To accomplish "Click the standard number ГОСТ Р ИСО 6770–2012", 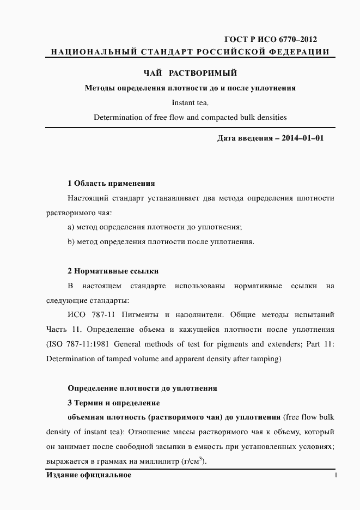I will (271, 39).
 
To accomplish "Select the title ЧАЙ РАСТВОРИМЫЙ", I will (190, 73).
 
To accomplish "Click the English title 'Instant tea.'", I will (190, 102).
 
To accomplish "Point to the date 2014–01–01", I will (303, 138).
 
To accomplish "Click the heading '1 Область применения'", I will (111, 183).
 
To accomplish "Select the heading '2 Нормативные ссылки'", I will (113, 270).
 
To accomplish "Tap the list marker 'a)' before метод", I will (71, 227).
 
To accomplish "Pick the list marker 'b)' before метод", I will (71, 241).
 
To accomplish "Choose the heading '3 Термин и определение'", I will (113, 403).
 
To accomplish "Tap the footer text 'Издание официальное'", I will (89, 475).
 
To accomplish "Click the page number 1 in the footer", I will (335, 475).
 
